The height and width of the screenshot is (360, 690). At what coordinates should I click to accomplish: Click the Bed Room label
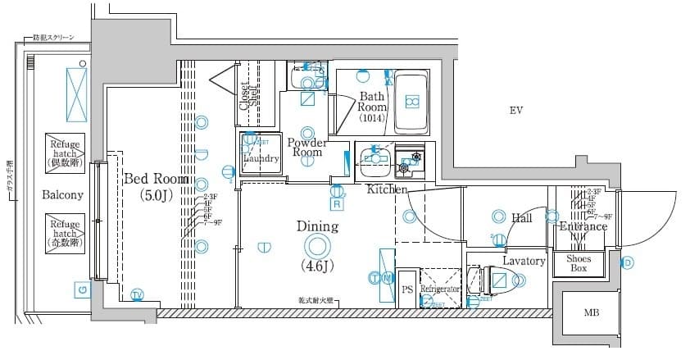[156, 179]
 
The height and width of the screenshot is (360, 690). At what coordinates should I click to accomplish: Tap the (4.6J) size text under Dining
[316, 266]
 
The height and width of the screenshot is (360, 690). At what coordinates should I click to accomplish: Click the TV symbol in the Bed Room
[137, 294]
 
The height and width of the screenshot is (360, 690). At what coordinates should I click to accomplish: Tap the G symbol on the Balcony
[81, 289]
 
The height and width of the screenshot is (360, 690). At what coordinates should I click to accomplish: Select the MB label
[591, 313]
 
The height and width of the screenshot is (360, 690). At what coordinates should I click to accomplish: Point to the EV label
[515, 111]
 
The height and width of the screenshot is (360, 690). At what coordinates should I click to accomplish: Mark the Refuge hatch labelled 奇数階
[64, 232]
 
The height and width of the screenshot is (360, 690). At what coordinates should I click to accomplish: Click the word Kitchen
[387, 189]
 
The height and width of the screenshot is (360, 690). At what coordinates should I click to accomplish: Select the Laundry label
[261, 158]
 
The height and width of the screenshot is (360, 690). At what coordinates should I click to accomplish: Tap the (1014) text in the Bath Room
[372, 118]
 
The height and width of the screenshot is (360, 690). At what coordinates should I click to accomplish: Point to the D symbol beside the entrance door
[628, 263]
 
